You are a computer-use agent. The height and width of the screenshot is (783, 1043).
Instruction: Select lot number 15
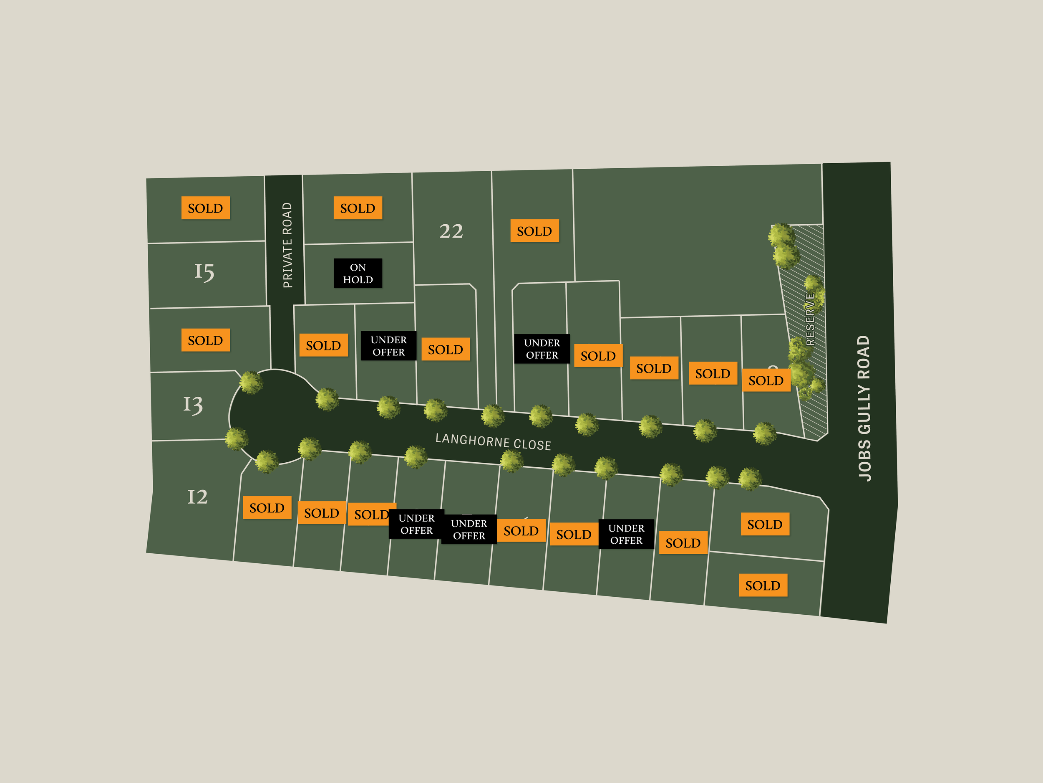(205, 272)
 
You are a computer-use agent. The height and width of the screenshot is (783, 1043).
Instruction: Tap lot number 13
(193, 405)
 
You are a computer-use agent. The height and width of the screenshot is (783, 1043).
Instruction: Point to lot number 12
(198, 497)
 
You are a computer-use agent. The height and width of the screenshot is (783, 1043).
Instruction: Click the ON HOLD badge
(358, 273)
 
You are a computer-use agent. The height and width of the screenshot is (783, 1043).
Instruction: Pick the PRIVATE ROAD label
(287, 245)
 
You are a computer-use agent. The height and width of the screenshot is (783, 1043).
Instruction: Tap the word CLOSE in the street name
(532, 445)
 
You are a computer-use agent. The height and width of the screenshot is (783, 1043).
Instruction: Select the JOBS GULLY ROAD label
(864, 408)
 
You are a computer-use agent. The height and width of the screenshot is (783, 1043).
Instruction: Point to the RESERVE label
(811, 319)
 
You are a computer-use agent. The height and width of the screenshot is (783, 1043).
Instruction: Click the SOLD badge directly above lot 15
(206, 208)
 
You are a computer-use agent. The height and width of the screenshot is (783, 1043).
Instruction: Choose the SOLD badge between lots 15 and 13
(206, 340)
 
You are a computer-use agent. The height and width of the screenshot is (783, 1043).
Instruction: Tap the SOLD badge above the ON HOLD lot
(358, 208)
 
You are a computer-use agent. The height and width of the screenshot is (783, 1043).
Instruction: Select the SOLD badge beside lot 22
(534, 231)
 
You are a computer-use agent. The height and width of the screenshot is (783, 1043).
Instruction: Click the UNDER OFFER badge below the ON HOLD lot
(388, 346)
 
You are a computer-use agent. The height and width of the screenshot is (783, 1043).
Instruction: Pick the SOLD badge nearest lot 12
(267, 508)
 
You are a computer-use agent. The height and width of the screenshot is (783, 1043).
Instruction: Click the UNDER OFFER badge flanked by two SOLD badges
(626, 534)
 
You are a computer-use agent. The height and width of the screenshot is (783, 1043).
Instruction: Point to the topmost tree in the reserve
(781, 235)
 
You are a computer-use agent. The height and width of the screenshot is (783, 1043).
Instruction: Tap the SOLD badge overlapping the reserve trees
(766, 380)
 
